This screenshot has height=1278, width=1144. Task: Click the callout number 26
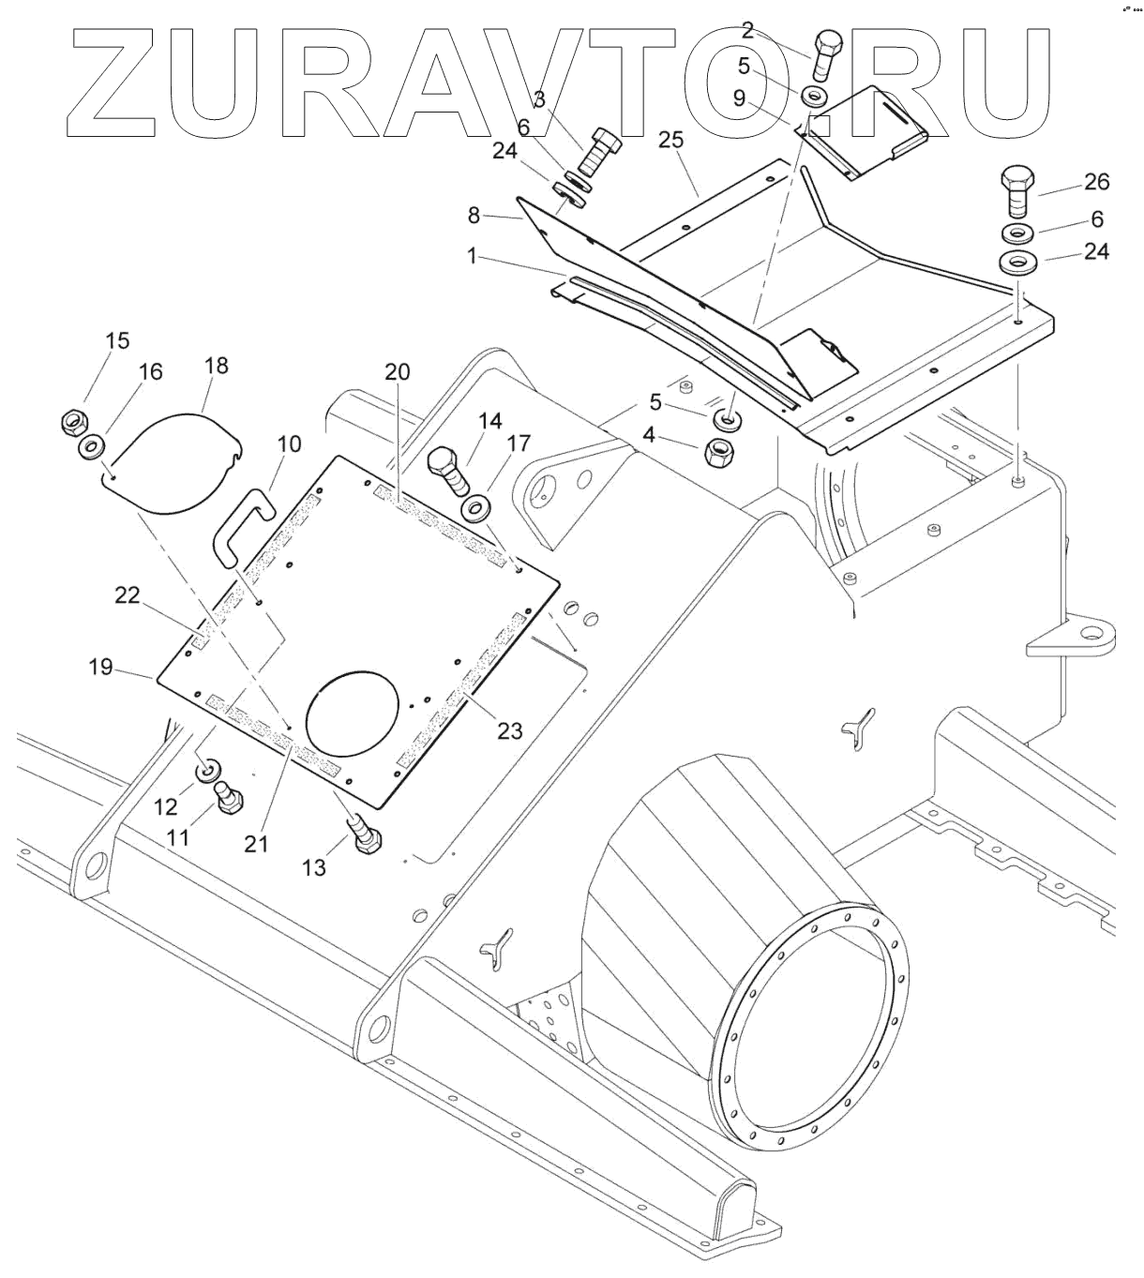(x=1096, y=182)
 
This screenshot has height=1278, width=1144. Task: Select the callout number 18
(x=217, y=366)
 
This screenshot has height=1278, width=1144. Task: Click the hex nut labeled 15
(x=73, y=422)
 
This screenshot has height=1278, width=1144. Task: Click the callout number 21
(x=256, y=843)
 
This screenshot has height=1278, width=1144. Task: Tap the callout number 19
(x=100, y=667)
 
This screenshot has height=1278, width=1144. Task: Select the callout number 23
(x=509, y=729)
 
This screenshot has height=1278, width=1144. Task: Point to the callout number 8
(x=474, y=216)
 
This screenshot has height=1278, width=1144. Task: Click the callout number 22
(x=128, y=594)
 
